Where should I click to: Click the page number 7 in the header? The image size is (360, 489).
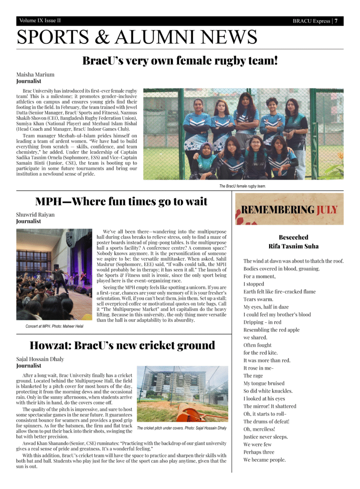tap(336, 21)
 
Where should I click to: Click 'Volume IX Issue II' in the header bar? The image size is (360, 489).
tap(40, 21)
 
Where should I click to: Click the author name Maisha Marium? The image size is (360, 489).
tap(35, 74)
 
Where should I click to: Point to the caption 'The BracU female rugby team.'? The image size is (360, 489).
tap(243, 186)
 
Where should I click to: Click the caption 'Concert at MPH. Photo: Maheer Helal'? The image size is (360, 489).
tap(54, 326)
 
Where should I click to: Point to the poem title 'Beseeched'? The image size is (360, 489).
tap(293, 237)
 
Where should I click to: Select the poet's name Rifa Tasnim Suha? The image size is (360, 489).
tap(293, 246)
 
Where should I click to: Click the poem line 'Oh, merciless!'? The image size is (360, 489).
tap(259, 429)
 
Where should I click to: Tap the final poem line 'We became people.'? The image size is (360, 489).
tap(265, 459)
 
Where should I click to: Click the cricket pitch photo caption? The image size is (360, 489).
tap(182, 427)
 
